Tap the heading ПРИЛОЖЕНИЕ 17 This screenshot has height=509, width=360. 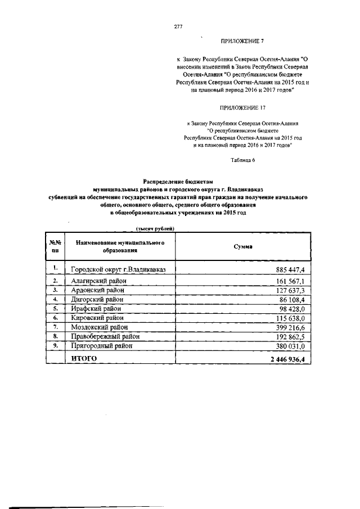pos(242,107)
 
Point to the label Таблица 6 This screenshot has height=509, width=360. pos(242,160)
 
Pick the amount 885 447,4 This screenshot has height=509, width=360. pos(289,270)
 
